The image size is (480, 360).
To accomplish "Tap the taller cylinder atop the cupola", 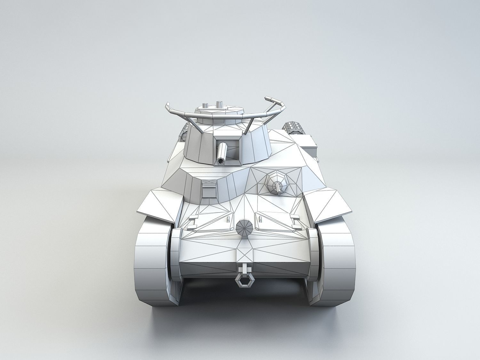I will tap(219, 104).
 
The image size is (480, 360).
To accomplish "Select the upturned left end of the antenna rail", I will tap(168, 107).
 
